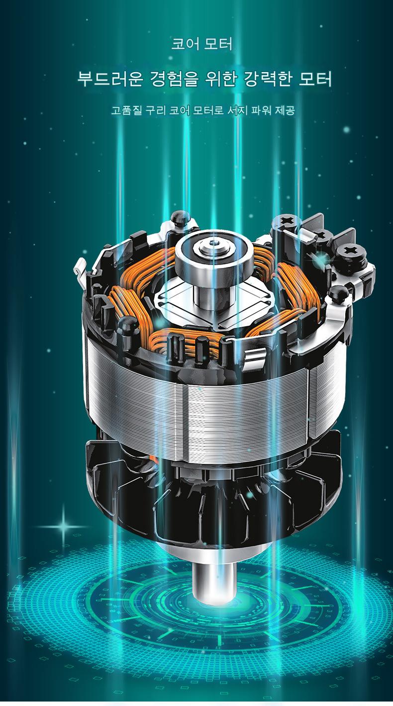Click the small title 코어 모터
click(201, 44)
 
